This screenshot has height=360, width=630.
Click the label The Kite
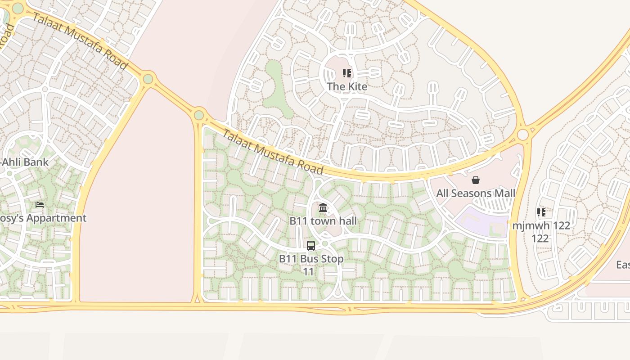pos(346,86)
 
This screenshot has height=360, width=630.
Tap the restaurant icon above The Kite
pos(346,73)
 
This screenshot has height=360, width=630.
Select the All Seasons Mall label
pos(476,193)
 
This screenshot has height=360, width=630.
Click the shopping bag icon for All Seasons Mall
pos(476,180)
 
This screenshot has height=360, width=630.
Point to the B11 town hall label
pos(323,221)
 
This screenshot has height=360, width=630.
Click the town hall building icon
pos(323,208)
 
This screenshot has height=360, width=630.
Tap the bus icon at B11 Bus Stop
pos(311,246)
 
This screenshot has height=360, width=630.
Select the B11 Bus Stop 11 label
pos(311,265)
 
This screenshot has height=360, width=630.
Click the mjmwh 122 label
pos(541,231)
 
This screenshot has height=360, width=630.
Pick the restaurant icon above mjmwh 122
pos(541,212)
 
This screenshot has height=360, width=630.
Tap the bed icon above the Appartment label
pos(40,205)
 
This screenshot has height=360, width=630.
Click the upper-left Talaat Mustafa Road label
pos(80,41)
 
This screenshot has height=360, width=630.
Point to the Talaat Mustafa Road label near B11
pos(273,152)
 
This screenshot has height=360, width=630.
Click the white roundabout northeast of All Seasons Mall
pos(522,135)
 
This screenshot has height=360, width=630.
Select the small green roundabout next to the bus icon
pos(325,243)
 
